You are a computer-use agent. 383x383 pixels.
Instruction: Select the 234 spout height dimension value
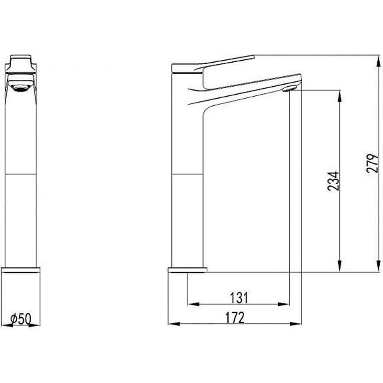(335, 180)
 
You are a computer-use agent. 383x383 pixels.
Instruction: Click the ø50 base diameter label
(21, 318)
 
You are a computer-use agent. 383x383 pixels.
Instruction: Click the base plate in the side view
(187, 270)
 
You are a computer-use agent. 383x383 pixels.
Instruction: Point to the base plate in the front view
(21, 270)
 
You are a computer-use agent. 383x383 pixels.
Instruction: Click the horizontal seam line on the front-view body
(21, 175)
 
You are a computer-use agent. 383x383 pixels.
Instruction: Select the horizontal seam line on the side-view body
(187, 175)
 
